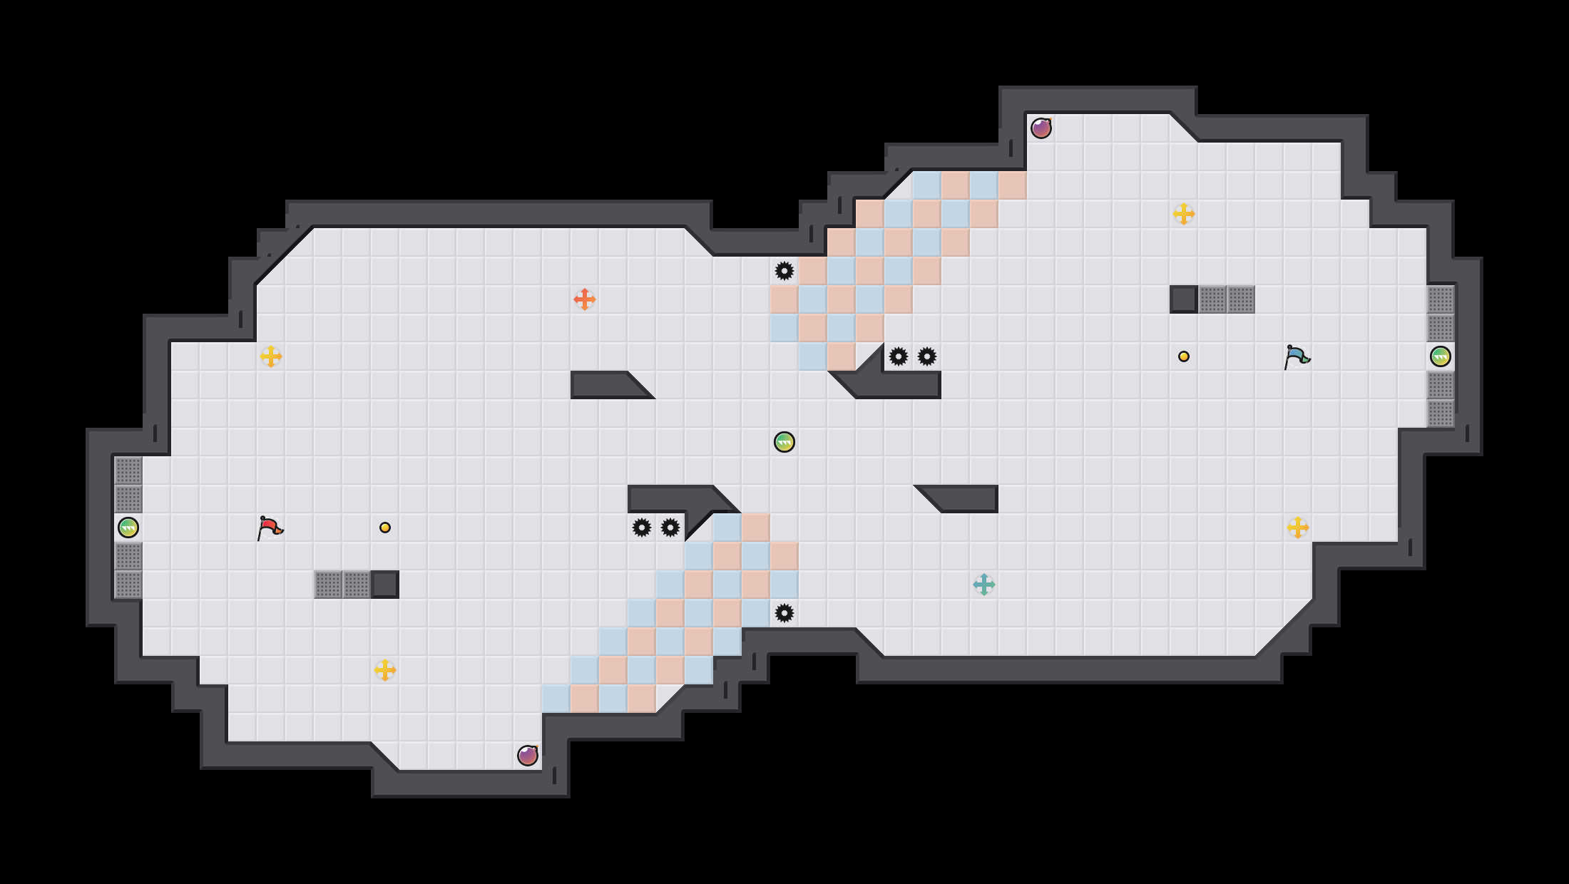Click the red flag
tap(270, 528)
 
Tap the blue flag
tap(1297, 356)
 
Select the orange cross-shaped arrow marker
tap(584, 299)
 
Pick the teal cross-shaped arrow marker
tap(983, 585)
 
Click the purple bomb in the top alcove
tap(1041, 128)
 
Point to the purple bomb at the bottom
tap(527, 756)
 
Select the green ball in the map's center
tap(784, 442)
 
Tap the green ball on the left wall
tap(128, 528)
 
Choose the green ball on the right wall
tap(1440, 356)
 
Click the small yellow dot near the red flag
tap(384, 528)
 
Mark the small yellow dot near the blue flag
tap(1183, 356)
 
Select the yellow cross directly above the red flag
tap(270, 356)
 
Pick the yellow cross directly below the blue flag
tap(1297, 528)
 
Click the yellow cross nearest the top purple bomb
tap(1183, 214)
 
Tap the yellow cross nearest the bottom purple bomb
tap(384, 670)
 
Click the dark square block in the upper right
tap(1183, 299)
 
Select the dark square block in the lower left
tap(384, 585)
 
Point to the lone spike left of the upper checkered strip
tap(784, 271)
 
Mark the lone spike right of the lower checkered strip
tap(784, 613)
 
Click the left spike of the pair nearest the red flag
tap(641, 528)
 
